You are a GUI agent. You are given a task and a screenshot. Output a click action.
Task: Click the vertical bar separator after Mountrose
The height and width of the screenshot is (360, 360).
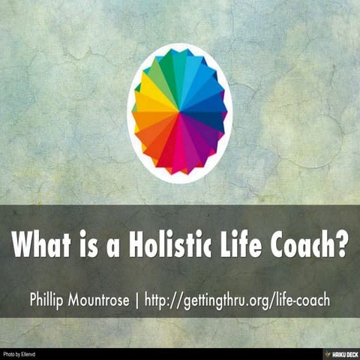(x=150, y=298)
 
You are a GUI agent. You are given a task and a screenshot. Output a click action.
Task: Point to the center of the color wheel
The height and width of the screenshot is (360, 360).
(x=180, y=112)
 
